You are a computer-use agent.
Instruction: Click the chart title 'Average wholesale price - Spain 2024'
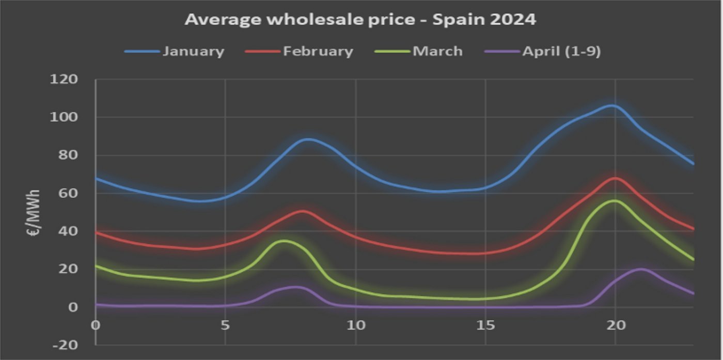(360, 20)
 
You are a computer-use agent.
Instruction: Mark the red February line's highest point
(615, 178)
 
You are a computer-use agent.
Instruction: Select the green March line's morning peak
(284, 241)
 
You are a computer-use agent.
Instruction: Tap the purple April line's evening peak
(641, 269)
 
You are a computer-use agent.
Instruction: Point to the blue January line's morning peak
(308, 139)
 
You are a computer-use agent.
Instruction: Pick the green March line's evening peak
(614, 200)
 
